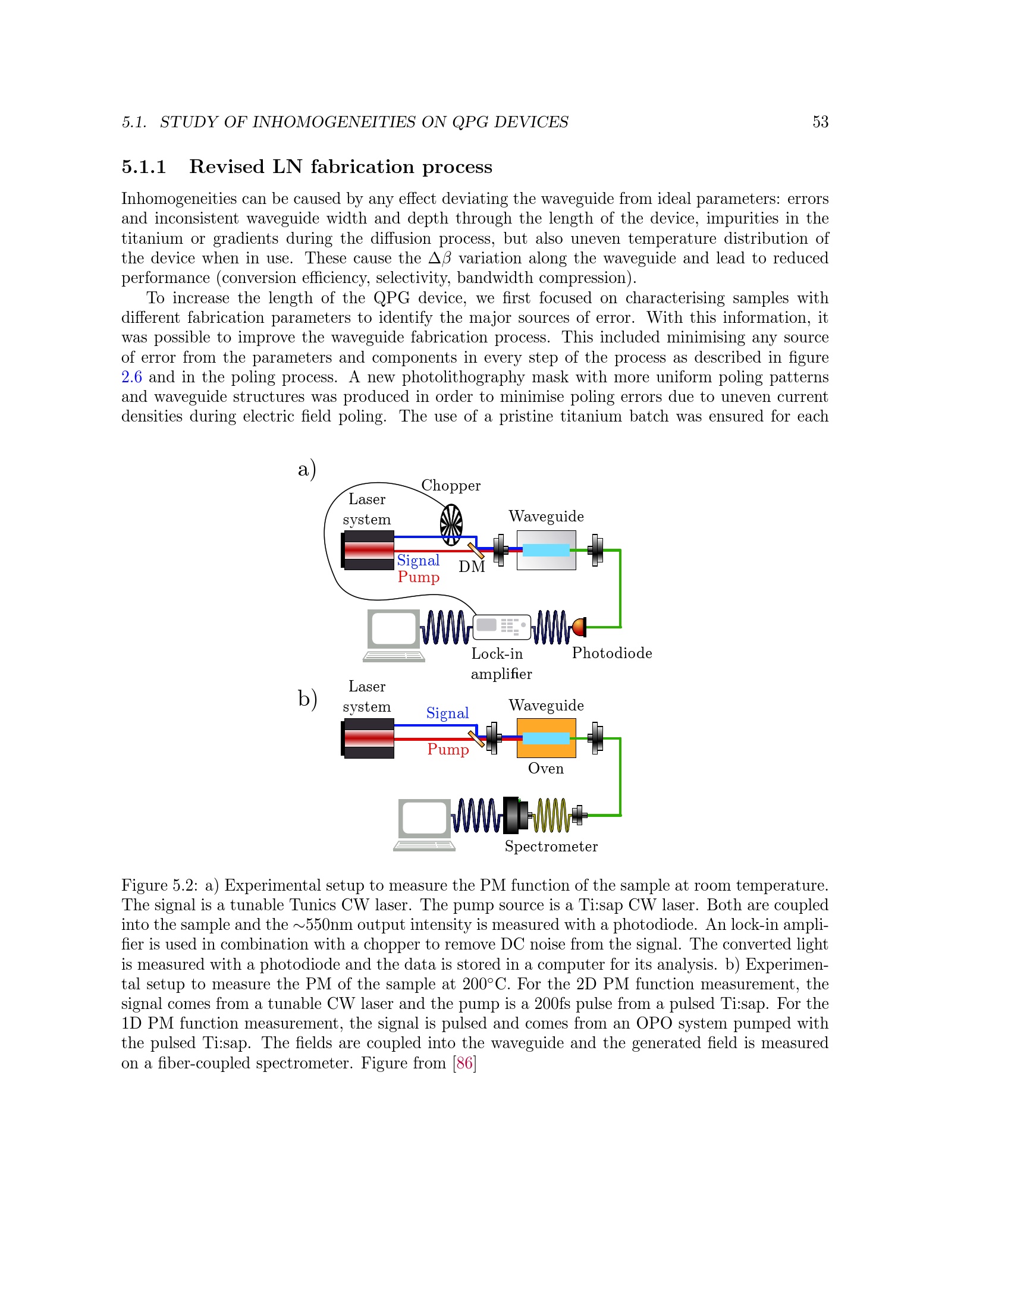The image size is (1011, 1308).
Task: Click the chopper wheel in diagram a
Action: tap(451, 524)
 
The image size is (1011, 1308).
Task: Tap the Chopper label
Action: tap(450, 485)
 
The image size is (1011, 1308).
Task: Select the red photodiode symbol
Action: tap(579, 627)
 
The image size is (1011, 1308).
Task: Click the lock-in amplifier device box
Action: tap(501, 627)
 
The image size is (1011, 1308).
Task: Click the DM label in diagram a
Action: tap(472, 567)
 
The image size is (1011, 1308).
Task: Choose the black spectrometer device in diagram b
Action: tap(513, 815)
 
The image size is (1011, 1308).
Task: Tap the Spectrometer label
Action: tap(551, 846)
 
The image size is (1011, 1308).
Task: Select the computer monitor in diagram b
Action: tap(424, 818)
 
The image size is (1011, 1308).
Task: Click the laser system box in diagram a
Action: tap(368, 550)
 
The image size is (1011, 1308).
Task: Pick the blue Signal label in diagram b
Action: tap(447, 713)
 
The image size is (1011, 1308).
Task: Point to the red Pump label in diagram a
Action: tap(418, 577)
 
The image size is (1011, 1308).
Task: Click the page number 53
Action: tap(820, 122)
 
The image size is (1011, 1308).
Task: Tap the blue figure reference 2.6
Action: tap(131, 377)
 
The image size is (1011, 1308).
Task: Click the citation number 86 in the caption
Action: tap(464, 1063)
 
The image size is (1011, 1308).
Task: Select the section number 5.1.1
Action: tap(144, 166)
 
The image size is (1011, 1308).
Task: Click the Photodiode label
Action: tap(611, 653)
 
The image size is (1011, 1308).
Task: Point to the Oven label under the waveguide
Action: tap(545, 768)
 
